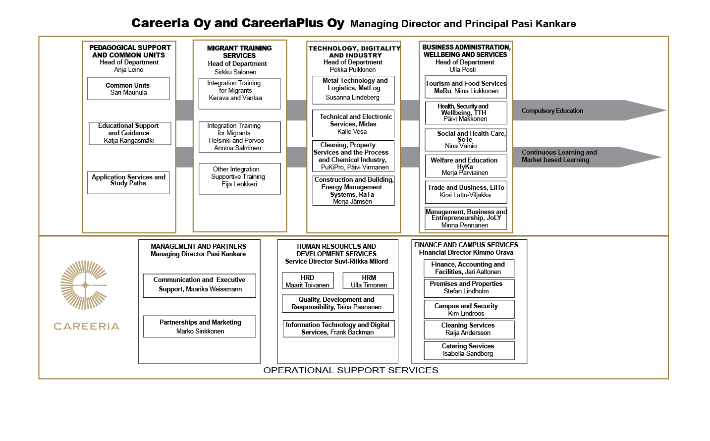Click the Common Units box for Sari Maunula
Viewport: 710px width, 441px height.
click(x=128, y=89)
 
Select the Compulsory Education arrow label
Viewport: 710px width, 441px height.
click(x=552, y=110)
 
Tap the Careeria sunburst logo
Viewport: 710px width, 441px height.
click(x=84, y=285)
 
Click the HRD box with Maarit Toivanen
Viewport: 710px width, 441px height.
click(x=308, y=280)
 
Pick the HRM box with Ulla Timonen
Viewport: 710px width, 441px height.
click(x=368, y=280)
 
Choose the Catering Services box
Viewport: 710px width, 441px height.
click(x=469, y=350)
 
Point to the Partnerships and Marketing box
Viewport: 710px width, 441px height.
click(x=199, y=326)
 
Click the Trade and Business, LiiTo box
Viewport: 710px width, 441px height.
click(x=466, y=192)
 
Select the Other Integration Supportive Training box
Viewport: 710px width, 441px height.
click(x=240, y=178)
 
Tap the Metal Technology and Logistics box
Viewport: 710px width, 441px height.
click(x=353, y=90)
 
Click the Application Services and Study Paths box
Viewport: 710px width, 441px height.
click(x=128, y=183)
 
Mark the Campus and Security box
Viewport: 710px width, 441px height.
click(x=469, y=309)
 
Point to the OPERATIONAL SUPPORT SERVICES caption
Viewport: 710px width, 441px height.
click(x=351, y=370)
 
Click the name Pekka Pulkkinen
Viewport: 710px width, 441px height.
click(x=352, y=70)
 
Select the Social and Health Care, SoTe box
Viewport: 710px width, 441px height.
click(x=466, y=140)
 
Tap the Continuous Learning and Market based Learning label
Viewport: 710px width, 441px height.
click(x=559, y=156)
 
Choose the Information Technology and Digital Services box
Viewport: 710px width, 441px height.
click(x=338, y=329)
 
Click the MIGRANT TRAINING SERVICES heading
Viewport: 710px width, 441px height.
click(x=239, y=52)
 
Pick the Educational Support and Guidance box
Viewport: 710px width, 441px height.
click(x=130, y=133)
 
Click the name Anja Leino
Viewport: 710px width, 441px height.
click(x=129, y=70)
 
